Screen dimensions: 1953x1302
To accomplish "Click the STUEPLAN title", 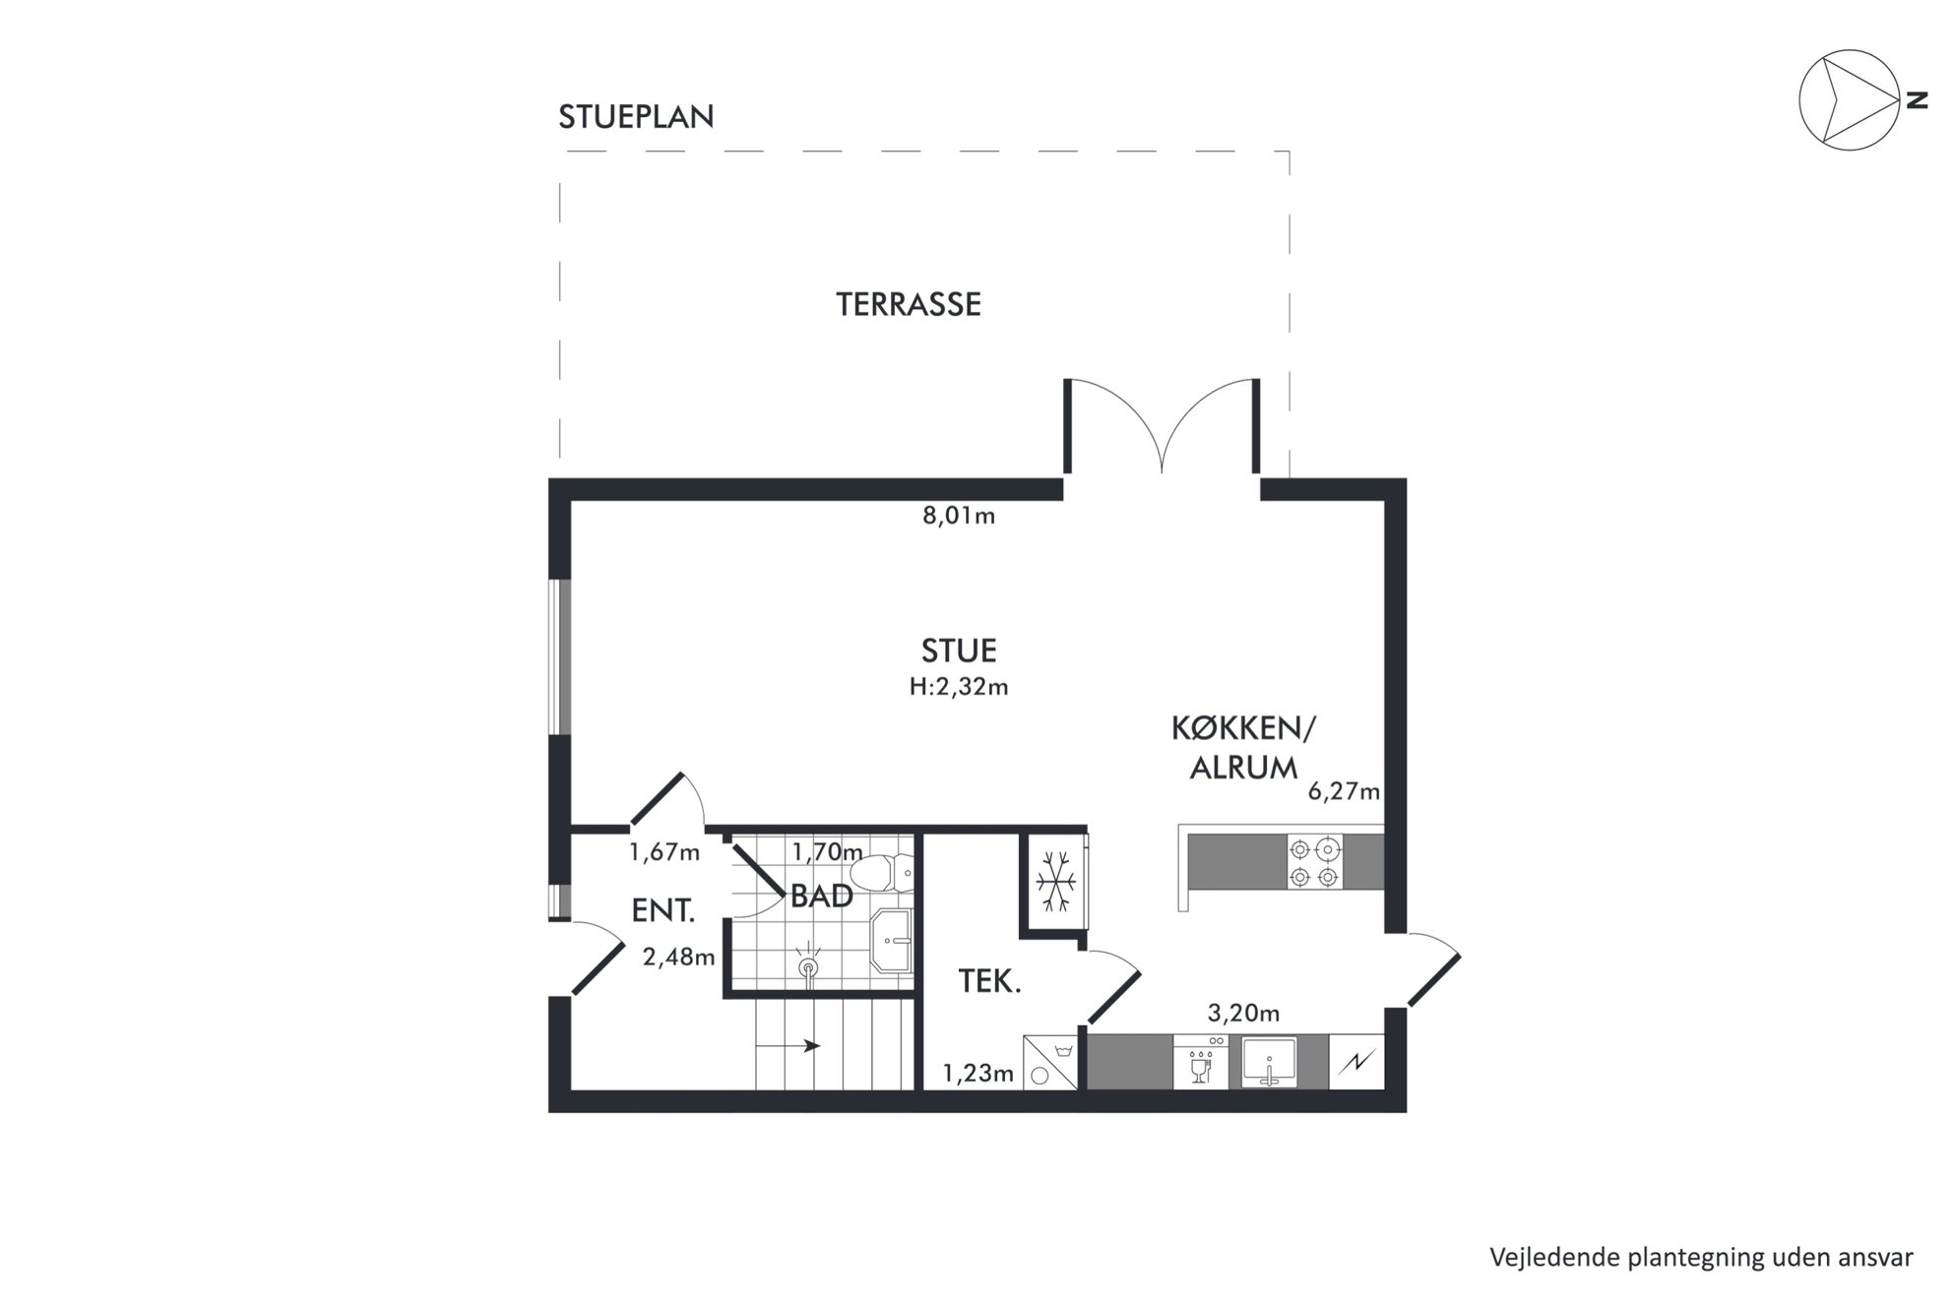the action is (x=636, y=117).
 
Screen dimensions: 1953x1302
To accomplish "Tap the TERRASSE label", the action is (x=909, y=305).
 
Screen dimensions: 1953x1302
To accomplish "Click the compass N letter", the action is (x=1916, y=99).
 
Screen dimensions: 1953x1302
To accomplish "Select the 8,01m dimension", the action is (x=959, y=516).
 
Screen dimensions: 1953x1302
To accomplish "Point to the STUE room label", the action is (x=959, y=651).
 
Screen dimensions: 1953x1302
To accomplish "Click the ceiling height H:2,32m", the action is (x=959, y=687).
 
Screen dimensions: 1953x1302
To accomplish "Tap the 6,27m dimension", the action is (x=1344, y=791).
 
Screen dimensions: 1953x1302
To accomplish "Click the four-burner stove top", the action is (x=1315, y=862).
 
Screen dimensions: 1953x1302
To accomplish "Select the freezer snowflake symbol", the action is (x=1056, y=880).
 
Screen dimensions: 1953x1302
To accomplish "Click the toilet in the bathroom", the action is (x=881, y=871).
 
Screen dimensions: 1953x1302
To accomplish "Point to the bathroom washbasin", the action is (x=892, y=941).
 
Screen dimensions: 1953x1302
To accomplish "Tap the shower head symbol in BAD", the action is (x=808, y=966).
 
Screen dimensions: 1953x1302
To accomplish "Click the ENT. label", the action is (x=663, y=911).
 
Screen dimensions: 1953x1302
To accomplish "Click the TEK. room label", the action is (x=989, y=982).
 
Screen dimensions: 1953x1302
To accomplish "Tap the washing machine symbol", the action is (x=1051, y=1062).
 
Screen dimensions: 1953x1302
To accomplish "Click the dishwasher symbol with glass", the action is (x=1201, y=1062).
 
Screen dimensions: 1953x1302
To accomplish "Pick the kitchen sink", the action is (x=1270, y=1062).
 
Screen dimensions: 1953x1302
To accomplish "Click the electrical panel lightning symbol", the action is (x=1356, y=1062).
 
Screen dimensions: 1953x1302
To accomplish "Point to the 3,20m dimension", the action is (x=1244, y=1014).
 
